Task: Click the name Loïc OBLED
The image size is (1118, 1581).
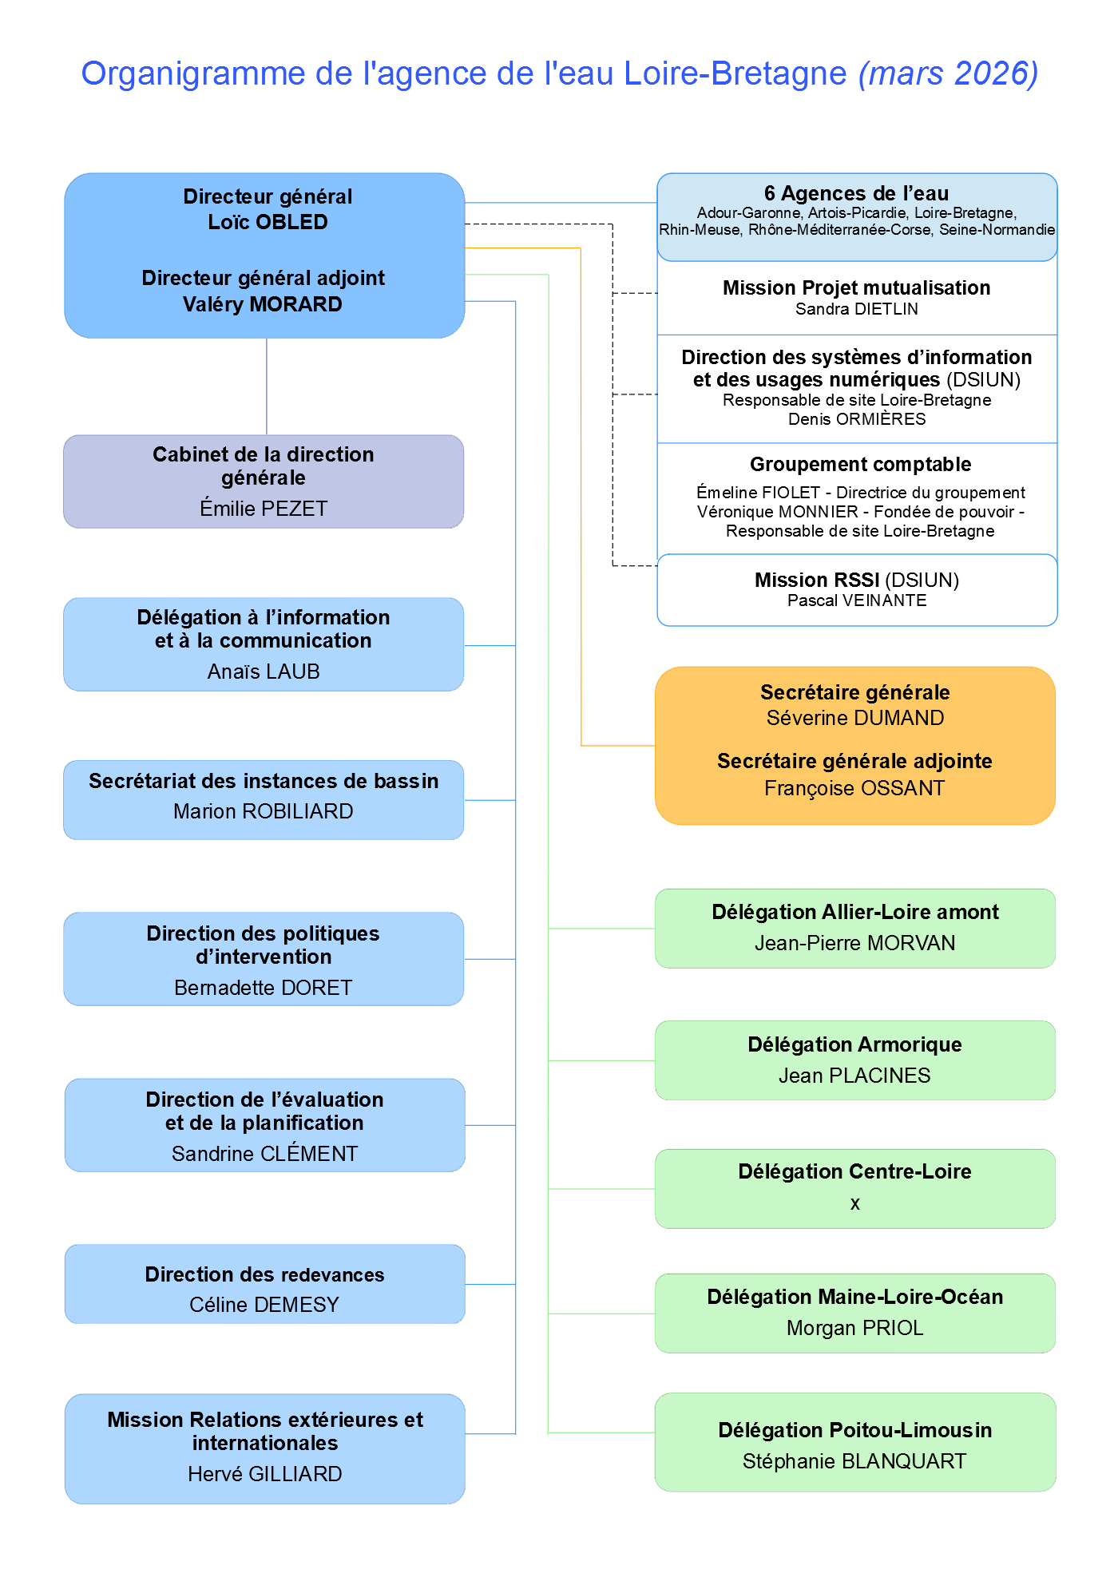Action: (x=268, y=222)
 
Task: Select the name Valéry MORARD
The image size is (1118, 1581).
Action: (x=262, y=304)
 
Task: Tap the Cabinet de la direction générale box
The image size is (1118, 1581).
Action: (x=264, y=481)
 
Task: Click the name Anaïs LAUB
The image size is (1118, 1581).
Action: (x=264, y=672)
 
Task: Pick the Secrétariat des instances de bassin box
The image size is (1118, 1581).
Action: (x=264, y=799)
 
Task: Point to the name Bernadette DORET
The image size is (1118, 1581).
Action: (x=264, y=988)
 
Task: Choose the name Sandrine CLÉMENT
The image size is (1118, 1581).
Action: (x=264, y=1154)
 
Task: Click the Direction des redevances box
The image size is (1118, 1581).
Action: (x=264, y=1284)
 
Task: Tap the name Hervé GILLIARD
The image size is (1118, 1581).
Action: (x=264, y=1474)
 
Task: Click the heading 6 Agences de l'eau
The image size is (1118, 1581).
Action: (x=856, y=193)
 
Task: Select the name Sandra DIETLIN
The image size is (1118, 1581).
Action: (x=856, y=309)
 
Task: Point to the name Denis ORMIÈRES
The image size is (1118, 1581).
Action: (x=857, y=419)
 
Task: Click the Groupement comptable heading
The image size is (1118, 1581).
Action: (x=860, y=464)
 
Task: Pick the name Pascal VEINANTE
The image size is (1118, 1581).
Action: (x=857, y=600)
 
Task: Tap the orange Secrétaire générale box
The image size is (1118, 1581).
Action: (x=854, y=745)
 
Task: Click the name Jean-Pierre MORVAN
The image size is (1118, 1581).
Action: (x=854, y=943)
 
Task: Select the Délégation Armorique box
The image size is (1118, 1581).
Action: (x=854, y=1060)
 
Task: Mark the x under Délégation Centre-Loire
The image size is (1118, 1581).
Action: (x=855, y=1203)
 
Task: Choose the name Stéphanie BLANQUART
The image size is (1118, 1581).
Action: (x=854, y=1461)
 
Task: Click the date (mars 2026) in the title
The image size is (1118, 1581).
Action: (x=948, y=73)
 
